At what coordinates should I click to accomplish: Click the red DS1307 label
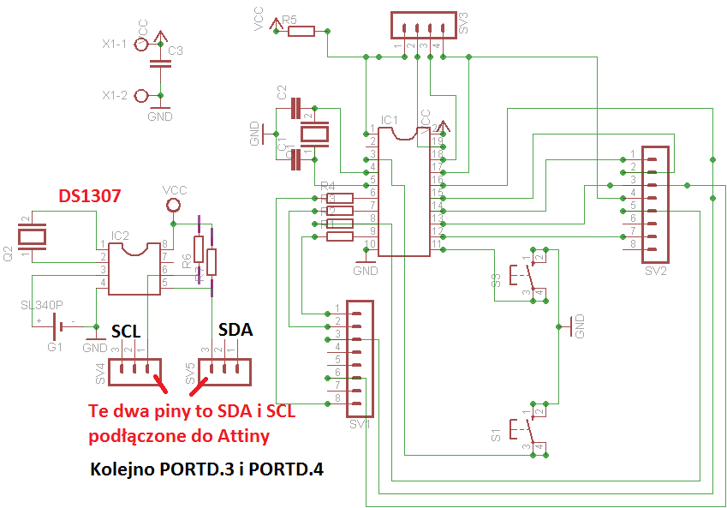tap(88, 196)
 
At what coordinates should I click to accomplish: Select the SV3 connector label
tap(463, 22)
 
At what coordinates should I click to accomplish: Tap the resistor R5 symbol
tap(301, 32)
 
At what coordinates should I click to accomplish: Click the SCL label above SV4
tap(126, 333)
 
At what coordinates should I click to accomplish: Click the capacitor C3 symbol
tap(156, 63)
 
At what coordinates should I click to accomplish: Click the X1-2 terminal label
tap(114, 95)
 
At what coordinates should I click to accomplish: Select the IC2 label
tap(120, 235)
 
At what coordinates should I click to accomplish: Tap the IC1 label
tap(389, 120)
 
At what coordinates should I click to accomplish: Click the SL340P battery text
tap(42, 306)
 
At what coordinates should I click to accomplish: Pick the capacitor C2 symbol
tap(296, 109)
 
